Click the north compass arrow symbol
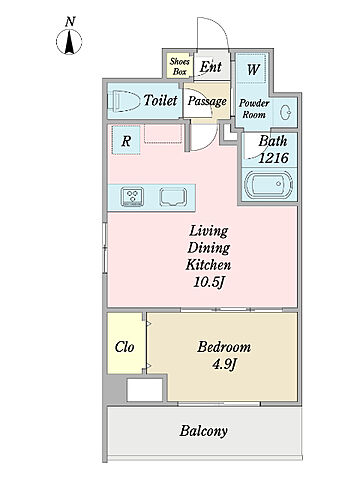click(x=69, y=42)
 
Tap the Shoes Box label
click(x=180, y=66)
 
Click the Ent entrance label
click(x=211, y=67)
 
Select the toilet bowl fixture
click(x=124, y=100)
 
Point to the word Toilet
click(x=160, y=100)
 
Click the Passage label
click(x=207, y=101)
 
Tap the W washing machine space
click(x=253, y=70)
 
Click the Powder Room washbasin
click(x=285, y=112)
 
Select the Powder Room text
click(x=254, y=109)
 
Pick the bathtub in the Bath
click(x=269, y=184)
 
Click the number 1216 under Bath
click(x=273, y=158)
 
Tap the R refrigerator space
click(x=126, y=140)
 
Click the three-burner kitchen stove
click(x=133, y=197)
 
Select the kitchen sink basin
click(x=173, y=197)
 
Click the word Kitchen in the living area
click(x=208, y=265)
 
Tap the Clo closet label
click(x=124, y=347)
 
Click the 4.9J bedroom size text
click(x=224, y=365)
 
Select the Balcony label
click(x=204, y=431)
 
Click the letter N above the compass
click(x=70, y=22)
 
